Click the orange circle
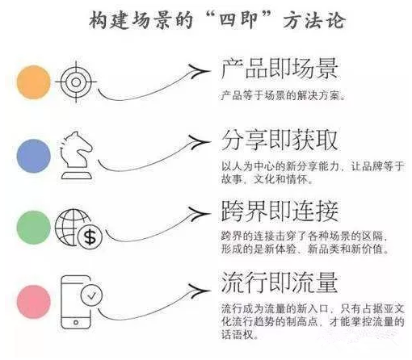34,82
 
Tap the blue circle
34,156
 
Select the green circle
34,228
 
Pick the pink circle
34,302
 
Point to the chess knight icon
77,155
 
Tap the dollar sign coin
90,237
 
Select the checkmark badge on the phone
91,295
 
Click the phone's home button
76,322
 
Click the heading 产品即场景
280,69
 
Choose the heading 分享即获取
280,140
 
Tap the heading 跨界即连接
280,211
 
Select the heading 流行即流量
280,283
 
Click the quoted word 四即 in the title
238,19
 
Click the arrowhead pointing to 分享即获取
200,142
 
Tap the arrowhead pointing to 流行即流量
200,291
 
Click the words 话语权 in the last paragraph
237,335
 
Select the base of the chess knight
77,175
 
